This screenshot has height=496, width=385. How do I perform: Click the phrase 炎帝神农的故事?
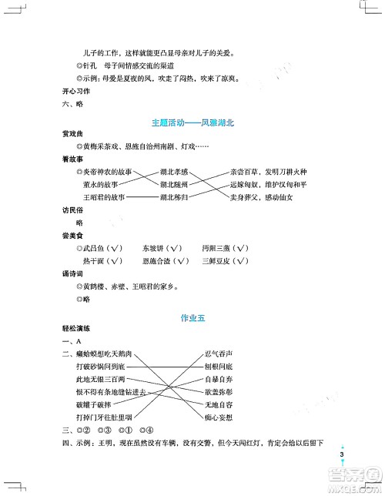point(108,172)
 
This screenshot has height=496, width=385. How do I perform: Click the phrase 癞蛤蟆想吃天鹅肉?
point(104,354)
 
